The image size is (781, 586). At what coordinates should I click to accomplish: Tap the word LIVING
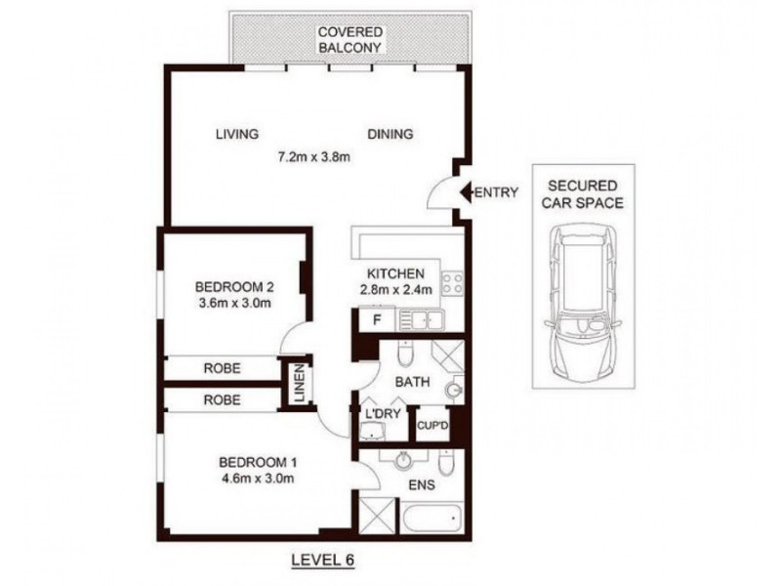point(236,135)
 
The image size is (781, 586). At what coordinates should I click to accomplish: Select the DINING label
point(390,135)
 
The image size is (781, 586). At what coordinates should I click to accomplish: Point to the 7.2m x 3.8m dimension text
point(313,155)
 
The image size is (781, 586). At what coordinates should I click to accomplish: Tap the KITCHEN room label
point(394,273)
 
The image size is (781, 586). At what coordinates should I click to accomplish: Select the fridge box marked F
point(376,318)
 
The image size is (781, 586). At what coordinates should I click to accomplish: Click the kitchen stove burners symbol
point(453,284)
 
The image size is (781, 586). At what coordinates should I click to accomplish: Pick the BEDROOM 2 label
point(233,287)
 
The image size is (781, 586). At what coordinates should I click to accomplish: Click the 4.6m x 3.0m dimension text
point(256,478)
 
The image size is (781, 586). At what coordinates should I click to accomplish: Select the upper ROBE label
point(223,368)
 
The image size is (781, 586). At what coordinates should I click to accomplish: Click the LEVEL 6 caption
point(322,560)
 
